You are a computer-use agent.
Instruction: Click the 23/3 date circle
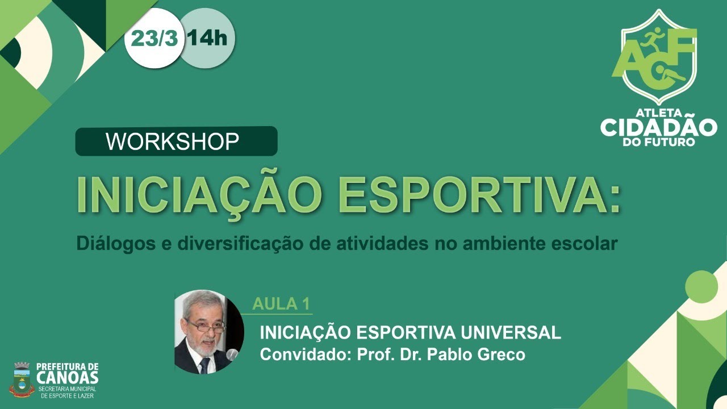click(154, 39)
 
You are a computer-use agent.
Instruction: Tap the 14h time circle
click(207, 39)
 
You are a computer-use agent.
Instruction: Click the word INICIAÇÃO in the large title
click(199, 195)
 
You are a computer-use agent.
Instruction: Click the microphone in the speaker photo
click(232, 356)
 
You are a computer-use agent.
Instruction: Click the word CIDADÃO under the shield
click(659, 127)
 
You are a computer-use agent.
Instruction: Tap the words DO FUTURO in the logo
click(659, 141)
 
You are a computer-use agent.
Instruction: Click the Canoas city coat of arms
click(22, 379)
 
